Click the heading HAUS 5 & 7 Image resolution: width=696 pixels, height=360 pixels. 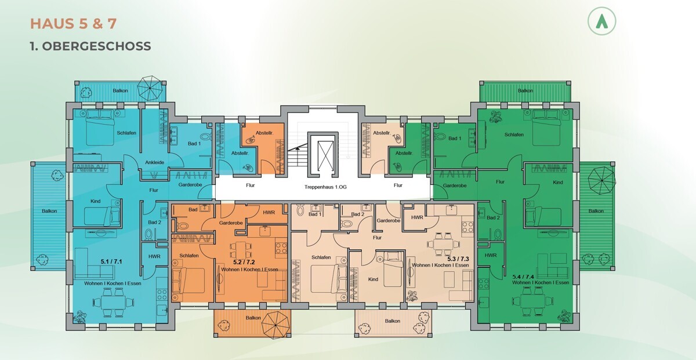pyautogui.click(x=73, y=24)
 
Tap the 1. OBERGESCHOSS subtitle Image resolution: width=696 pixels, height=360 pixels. pyautogui.click(x=90, y=46)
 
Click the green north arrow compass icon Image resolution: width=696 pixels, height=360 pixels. pyautogui.click(x=601, y=21)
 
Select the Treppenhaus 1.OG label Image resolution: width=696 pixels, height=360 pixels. pyautogui.click(x=325, y=187)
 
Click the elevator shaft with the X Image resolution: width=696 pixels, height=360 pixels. pyautogui.click(x=325, y=156)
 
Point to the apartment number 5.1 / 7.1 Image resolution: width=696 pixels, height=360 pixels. pyautogui.click(x=111, y=261)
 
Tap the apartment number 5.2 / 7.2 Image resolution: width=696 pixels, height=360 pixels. pyautogui.click(x=244, y=263)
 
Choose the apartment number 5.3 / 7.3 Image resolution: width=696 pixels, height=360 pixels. pyautogui.click(x=458, y=259)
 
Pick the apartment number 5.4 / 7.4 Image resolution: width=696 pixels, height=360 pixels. pyautogui.click(x=523, y=277)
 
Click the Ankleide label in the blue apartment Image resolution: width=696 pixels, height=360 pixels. pyautogui.click(x=154, y=162)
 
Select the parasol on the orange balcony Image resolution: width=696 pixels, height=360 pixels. pyautogui.click(x=275, y=325)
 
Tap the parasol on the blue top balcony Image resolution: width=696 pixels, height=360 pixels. pyautogui.click(x=150, y=88)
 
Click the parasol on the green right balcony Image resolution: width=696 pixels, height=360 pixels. pyautogui.click(x=602, y=180)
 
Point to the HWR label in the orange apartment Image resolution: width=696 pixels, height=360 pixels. pyautogui.click(x=269, y=212)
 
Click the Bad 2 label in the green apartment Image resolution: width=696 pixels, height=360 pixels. pyautogui.click(x=493, y=217)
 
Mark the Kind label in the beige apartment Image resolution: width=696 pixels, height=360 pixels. pyautogui.click(x=373, y=279)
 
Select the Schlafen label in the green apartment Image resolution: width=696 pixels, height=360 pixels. pyautogui.click(x=514, y=134)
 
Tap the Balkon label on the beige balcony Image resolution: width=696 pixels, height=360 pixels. pyautogui.click(x=393, y=321)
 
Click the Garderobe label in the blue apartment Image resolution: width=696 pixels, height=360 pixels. pyautogui.click(x=190, y=185)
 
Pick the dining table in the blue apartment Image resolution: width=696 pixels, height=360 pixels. pyautogui.click(x=113, y=302)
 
